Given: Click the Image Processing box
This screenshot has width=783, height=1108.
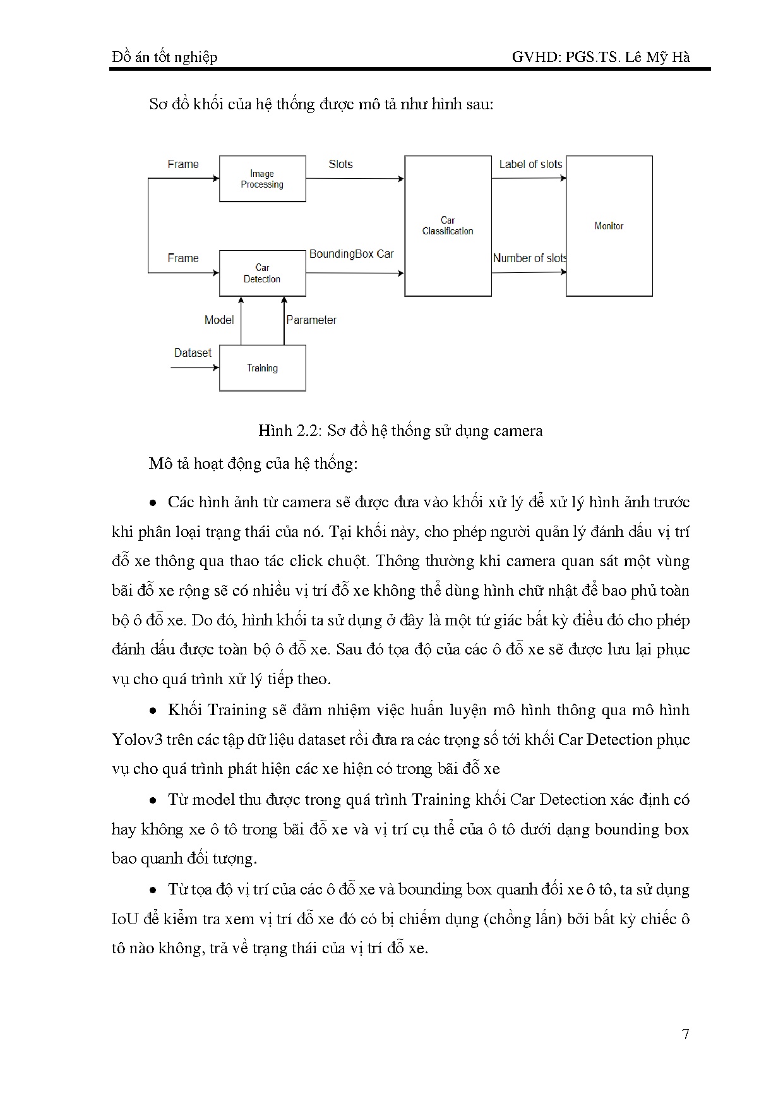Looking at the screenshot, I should click(262, 179).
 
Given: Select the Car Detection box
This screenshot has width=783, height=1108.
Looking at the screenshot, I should click(262, 273).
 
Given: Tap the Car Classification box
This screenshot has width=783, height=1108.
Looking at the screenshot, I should click(448, 226).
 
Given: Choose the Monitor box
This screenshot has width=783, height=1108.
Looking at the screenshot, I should click(609, 226).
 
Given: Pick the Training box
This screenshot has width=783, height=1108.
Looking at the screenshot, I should click(262, 368).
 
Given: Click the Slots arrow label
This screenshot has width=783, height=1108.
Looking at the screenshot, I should click(340, 164).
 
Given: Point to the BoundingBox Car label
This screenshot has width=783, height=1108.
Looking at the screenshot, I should click(351, 254).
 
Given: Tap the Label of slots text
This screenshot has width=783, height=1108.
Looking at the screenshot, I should click(530, 164).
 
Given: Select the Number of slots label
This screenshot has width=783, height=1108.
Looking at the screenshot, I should click(530, 258).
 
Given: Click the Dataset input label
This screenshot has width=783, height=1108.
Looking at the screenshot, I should click(193, 352).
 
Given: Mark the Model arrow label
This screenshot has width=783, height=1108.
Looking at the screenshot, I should click(219, 320).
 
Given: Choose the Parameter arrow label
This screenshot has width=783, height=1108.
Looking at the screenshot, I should click(311, 320).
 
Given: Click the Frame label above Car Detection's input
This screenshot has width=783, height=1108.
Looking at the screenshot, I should click(183, 258).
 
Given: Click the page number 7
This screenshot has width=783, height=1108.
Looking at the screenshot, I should click(686, 1034).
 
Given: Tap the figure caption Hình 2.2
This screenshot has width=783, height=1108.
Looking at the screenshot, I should click(400, 431).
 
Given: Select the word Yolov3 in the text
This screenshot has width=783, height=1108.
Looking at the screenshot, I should click(138, 739).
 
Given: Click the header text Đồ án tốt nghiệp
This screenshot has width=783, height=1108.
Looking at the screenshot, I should click(165, 57).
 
